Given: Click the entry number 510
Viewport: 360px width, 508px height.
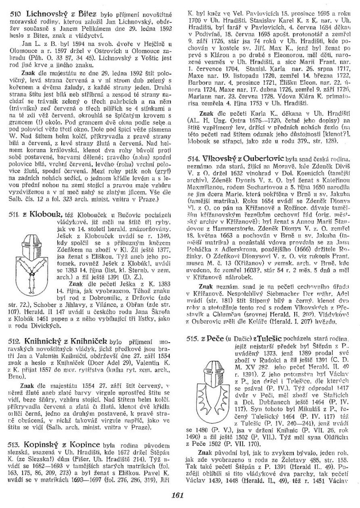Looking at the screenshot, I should [x=15, y=15].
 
